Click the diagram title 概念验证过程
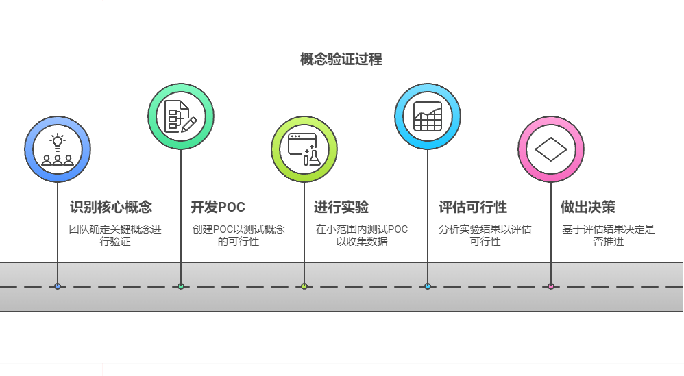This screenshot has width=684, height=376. (x=341, y=60)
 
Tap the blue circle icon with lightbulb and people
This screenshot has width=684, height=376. (x=58, y=149)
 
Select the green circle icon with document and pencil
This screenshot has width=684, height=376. (x=181, y=116)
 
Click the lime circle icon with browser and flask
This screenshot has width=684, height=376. (x=304, y=149)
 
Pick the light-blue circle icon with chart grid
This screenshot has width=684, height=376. (x=428, y=116)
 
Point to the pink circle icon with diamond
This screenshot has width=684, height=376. (x=550, y=149)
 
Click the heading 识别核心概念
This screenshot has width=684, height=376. (x=110, y=207)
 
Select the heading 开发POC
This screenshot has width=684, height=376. (x=217, y=207)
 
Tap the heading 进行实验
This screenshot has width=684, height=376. (x=341, y=207)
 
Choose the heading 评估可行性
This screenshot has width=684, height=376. (x=472, y=207)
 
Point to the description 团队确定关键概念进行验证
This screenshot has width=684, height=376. (x=115, y=235)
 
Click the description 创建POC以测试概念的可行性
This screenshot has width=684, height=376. (x=238, y=235)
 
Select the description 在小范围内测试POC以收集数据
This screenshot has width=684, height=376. (x=361, y=235)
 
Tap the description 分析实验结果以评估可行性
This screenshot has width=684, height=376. (x=485, y=235)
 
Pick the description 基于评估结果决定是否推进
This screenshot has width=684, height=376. (x=608, y=235)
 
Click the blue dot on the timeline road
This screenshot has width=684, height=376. (x=58, y=286)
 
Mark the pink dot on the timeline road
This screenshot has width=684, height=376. (x=550, y=286)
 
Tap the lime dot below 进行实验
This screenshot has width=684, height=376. (x=304, y=286)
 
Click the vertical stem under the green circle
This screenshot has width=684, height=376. (x=181, y=205)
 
